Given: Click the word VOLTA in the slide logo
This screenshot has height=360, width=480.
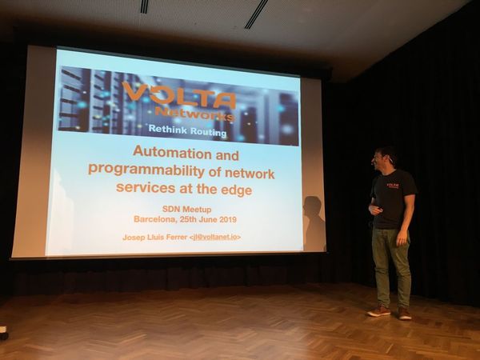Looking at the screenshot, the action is click(179, 94).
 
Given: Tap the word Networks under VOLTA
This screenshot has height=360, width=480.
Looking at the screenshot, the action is click(195, 114).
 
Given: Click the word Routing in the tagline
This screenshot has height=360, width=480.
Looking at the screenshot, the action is click(209, 132).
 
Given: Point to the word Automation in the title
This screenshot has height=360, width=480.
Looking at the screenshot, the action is click(172, 152).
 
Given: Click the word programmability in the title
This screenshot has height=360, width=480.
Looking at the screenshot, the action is click(146, 170).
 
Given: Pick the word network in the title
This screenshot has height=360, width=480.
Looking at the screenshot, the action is click(250, 174).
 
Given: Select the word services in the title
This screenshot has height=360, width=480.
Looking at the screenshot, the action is click(146, 187).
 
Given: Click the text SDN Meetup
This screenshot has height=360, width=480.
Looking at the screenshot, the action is click(186, 210).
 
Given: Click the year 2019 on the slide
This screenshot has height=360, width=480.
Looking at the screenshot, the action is click(228, 219).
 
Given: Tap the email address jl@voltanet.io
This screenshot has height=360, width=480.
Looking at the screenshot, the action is click(216, 238).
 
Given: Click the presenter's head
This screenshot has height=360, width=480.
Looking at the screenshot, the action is click(385, 158).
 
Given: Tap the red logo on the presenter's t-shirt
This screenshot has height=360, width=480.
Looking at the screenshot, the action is click(393, 186).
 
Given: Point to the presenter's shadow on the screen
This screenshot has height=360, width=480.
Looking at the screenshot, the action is click(314, 223).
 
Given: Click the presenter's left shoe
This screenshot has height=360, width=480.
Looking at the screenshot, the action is click(405, 314).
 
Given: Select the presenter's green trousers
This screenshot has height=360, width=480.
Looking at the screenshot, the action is click(391, 267).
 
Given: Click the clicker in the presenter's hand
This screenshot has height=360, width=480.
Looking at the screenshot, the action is click(379, 209).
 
